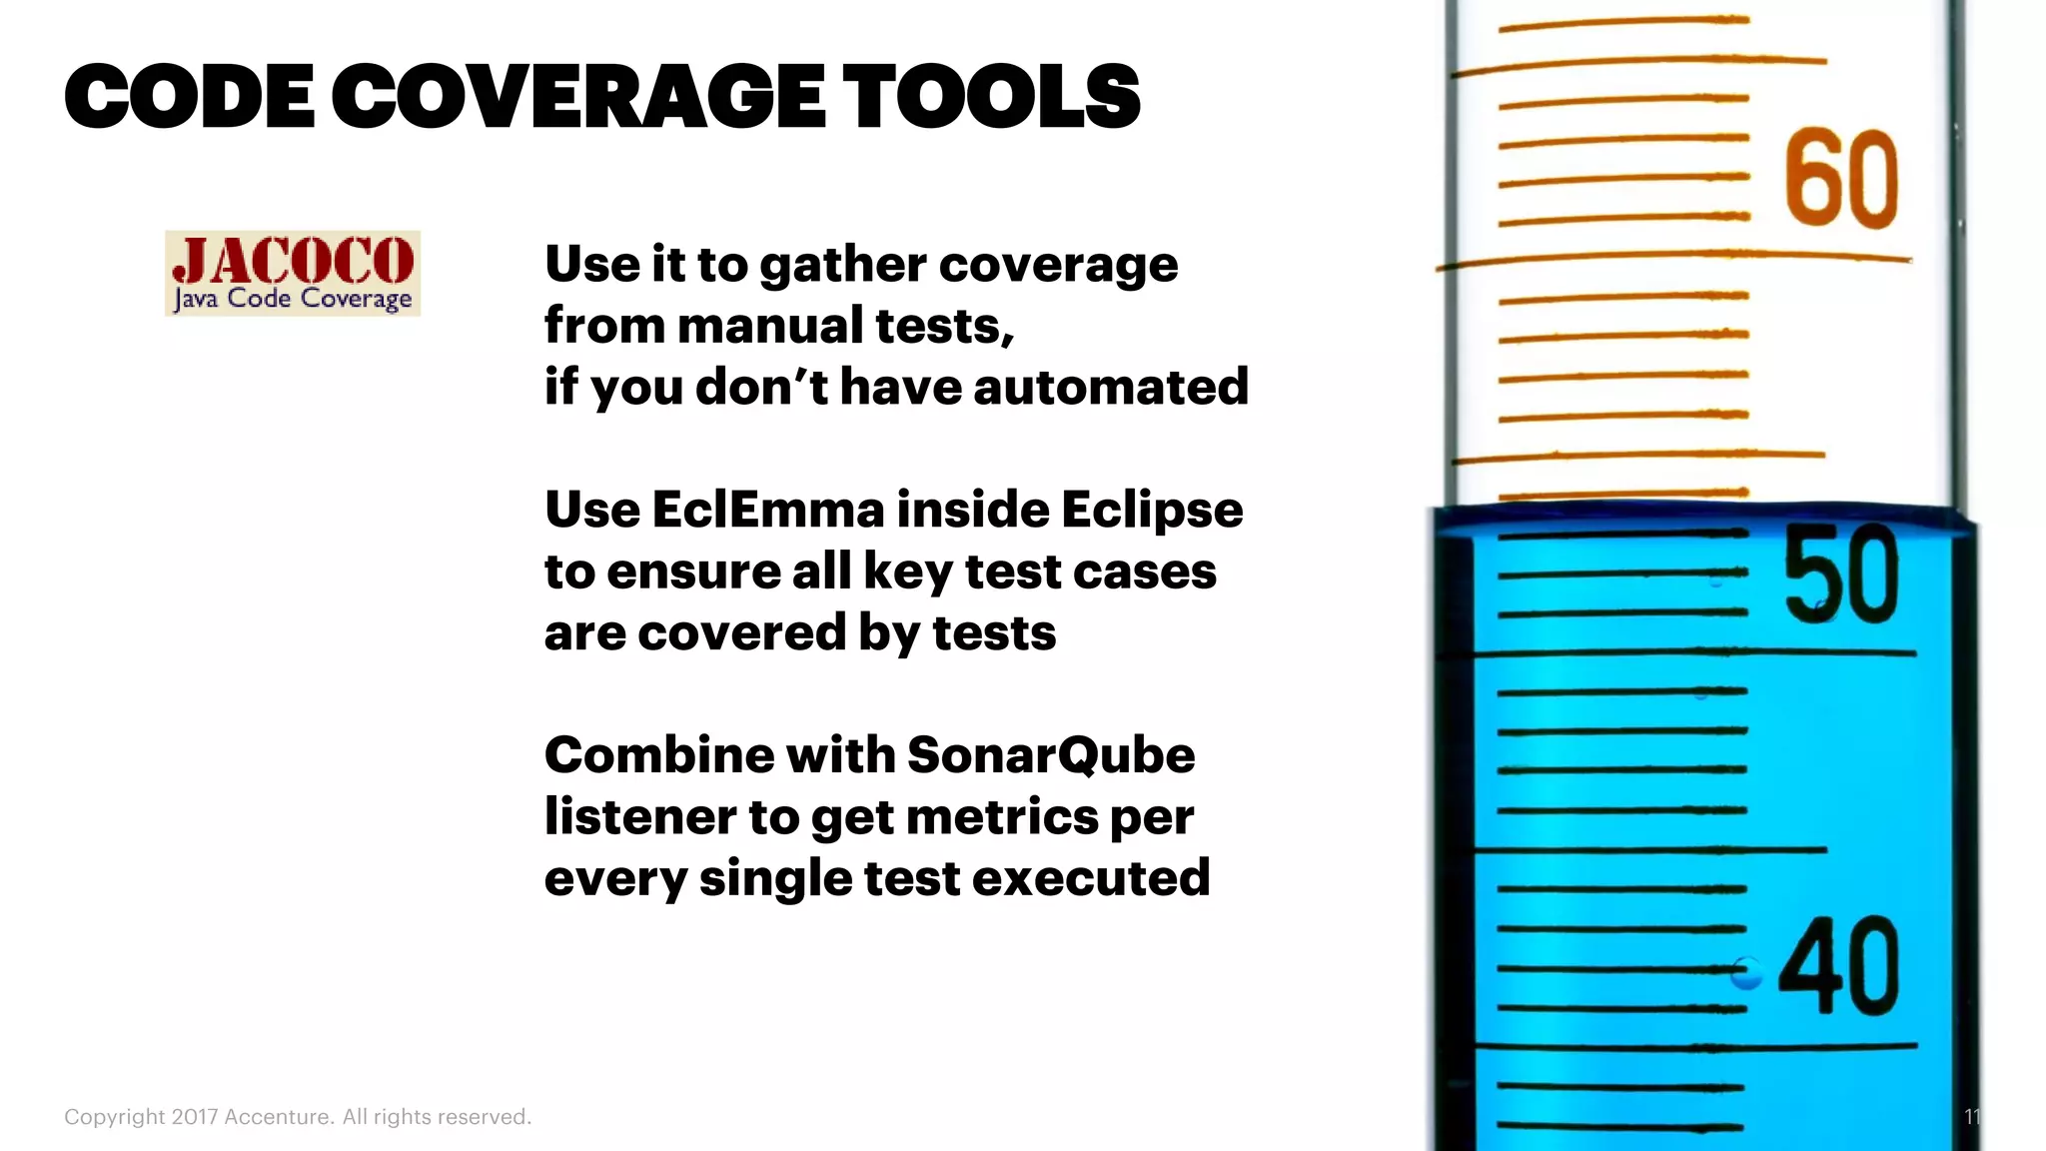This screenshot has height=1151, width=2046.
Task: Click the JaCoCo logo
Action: pyautogui.click(x=293, y=273)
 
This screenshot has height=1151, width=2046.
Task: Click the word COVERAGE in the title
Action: pyautogui.click(x=577, y=96)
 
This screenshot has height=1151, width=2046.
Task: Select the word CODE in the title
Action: pyautogui.click(x=189, y=96)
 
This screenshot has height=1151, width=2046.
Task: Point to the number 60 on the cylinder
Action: pyautogui.click(x=1841, y=180)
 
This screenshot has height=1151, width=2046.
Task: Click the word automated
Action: pyautogui.click(x=1111, y=387)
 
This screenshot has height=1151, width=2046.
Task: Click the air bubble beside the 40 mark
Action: pyautogui.click(x=1746, y=972)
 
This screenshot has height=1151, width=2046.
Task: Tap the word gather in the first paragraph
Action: pyautogui.click(x=843, y=266)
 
